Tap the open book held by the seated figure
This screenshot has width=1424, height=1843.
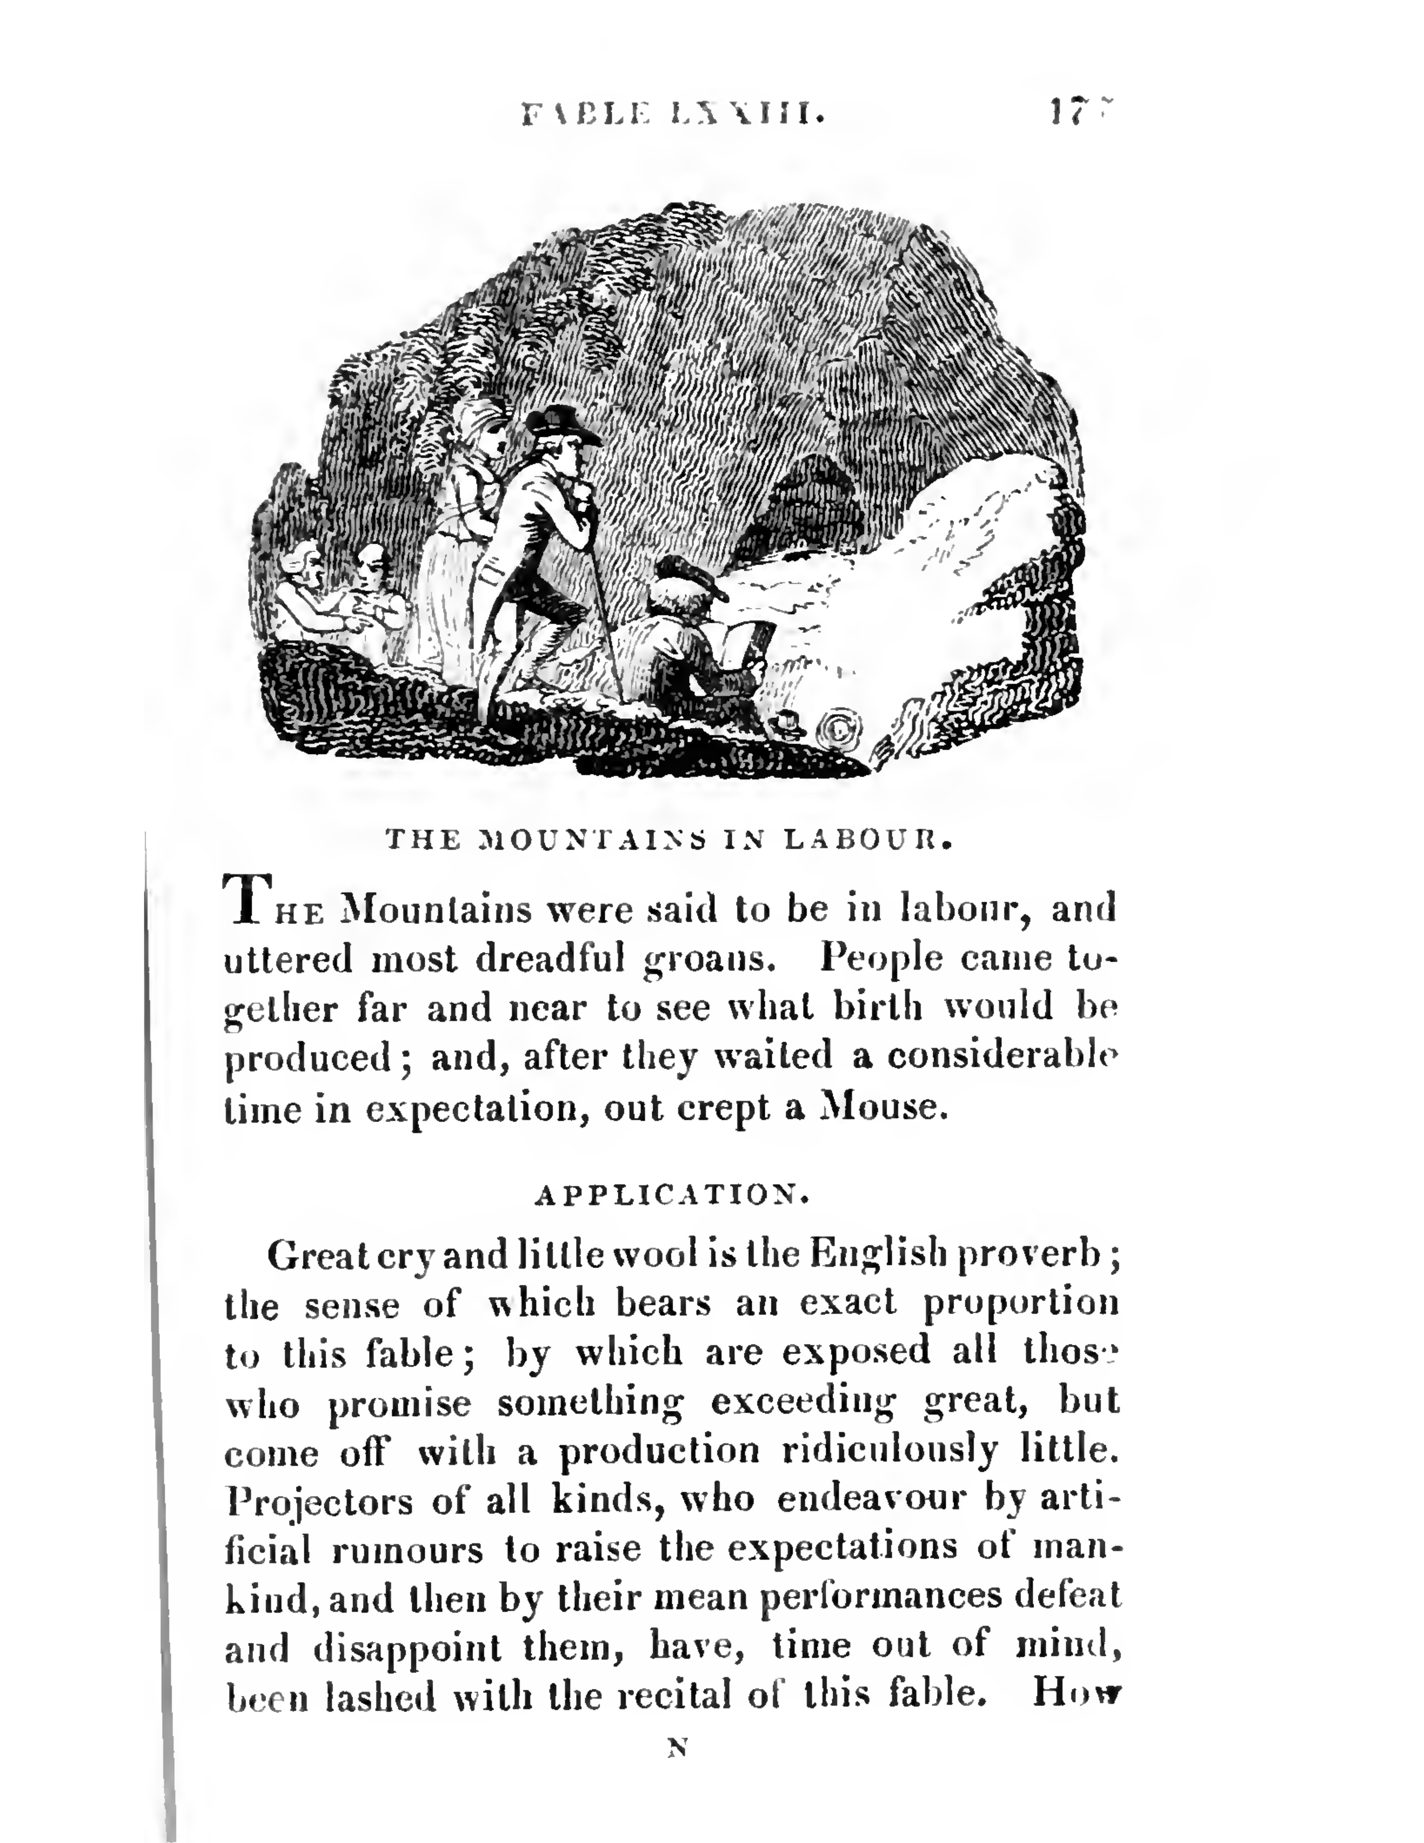[x=742, y=646]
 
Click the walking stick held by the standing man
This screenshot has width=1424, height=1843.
[x=606, y=608]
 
